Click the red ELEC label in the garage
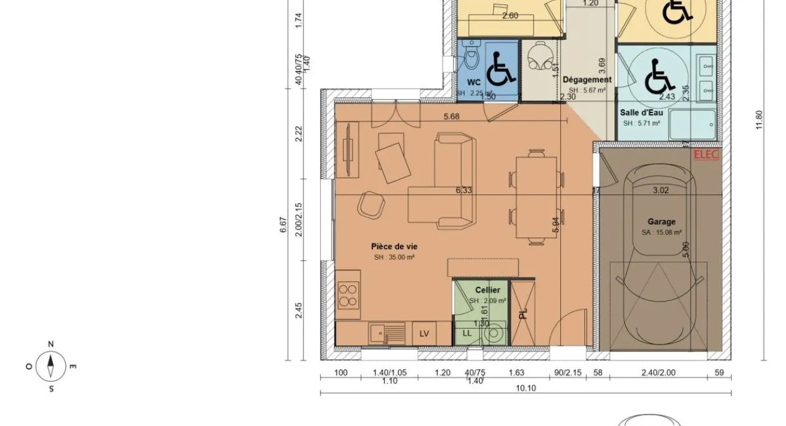click(706, 155)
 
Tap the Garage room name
click(661, 222)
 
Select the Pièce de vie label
click(394, 247)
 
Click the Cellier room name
click(487, 290)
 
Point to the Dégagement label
click(586, 80)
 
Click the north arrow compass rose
click(51, 365)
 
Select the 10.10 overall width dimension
click(525, 388)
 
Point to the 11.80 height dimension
click(759, 120)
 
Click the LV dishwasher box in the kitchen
click(424, 334)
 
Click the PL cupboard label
click(523, 312)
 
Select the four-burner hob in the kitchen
click(347, 295)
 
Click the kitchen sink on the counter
click(379, 333)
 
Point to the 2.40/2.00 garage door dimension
click(657, 373)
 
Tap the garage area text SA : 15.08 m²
click(661, 232)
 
